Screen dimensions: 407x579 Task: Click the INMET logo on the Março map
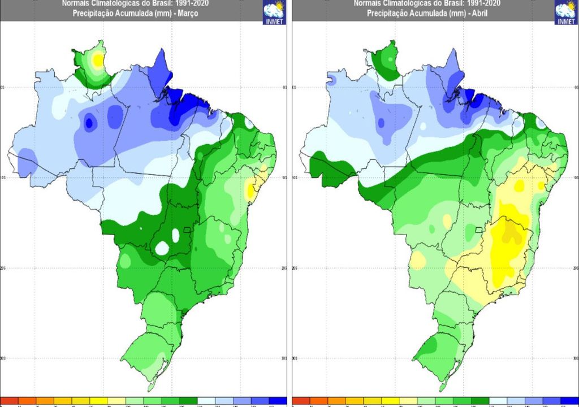[x=274, y=12]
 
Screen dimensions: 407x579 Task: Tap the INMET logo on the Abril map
[x=565, y=12]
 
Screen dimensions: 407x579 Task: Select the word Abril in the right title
[x=478, y=13]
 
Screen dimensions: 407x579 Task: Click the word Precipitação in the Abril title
[x=386, y=13]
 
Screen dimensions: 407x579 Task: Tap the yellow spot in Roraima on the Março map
[x=98, y=59]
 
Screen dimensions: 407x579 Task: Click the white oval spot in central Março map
[x=162, y=248]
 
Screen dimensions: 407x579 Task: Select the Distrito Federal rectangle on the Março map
[x=189, y=230]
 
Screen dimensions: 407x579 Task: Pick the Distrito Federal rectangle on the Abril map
[x=480, y=230]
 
